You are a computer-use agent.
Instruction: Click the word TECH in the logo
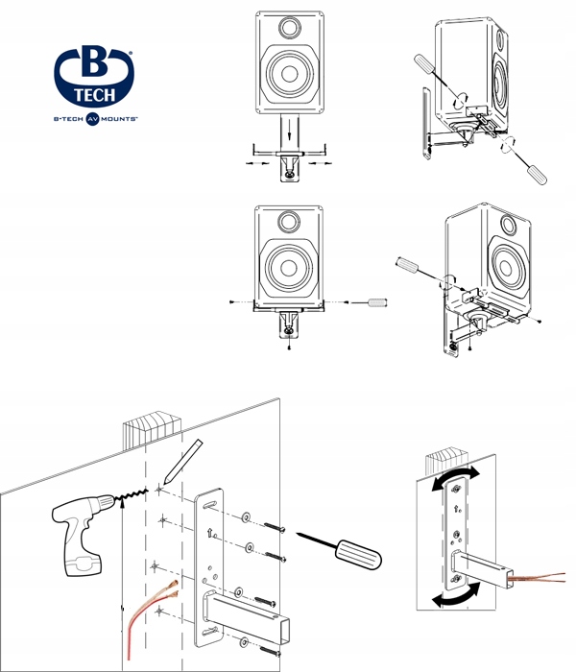click(95, 94)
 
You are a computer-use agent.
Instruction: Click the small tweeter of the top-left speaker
click(288, 27)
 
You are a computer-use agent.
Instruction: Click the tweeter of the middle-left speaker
click(288, 221)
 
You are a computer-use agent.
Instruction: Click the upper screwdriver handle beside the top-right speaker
click(426, 69)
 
